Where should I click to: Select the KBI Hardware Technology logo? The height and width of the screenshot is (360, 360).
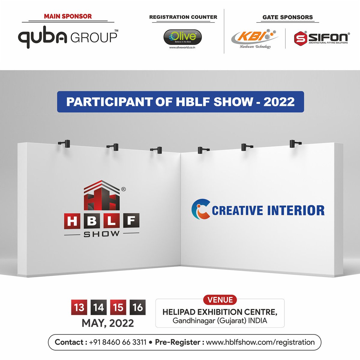tap(255, 38)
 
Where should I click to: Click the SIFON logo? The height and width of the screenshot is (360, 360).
tap(321, 38)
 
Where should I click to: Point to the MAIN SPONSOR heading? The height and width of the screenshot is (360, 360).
tap(68, 16)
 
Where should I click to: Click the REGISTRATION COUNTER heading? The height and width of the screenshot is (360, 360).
tap(183, 17)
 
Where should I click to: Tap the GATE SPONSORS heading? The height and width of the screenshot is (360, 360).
tap(287, 17)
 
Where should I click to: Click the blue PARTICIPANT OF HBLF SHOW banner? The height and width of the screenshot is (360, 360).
tap(180, 102)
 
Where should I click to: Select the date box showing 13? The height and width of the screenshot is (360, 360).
tap(79, 307)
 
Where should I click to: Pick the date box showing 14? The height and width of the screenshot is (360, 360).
tap(98, 307)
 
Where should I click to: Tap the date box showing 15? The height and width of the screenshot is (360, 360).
tap(118, 307)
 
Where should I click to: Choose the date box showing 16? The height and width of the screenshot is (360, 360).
tap(138, 307)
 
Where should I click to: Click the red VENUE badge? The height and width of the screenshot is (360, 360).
tap(220, 300)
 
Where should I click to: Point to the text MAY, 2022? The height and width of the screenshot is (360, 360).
tap(108, 323)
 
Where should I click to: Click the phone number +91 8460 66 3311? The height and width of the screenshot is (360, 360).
tap(118, 342)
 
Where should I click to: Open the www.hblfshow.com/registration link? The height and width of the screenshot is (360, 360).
tap(260, 342)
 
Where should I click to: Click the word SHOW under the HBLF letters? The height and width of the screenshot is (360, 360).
tap(101, 234)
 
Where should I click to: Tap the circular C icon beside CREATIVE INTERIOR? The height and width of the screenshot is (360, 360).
tap(200, 210)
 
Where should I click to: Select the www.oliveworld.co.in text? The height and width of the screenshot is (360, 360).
tap(182, 47)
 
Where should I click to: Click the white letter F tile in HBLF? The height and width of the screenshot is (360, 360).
tap(131, 222)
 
